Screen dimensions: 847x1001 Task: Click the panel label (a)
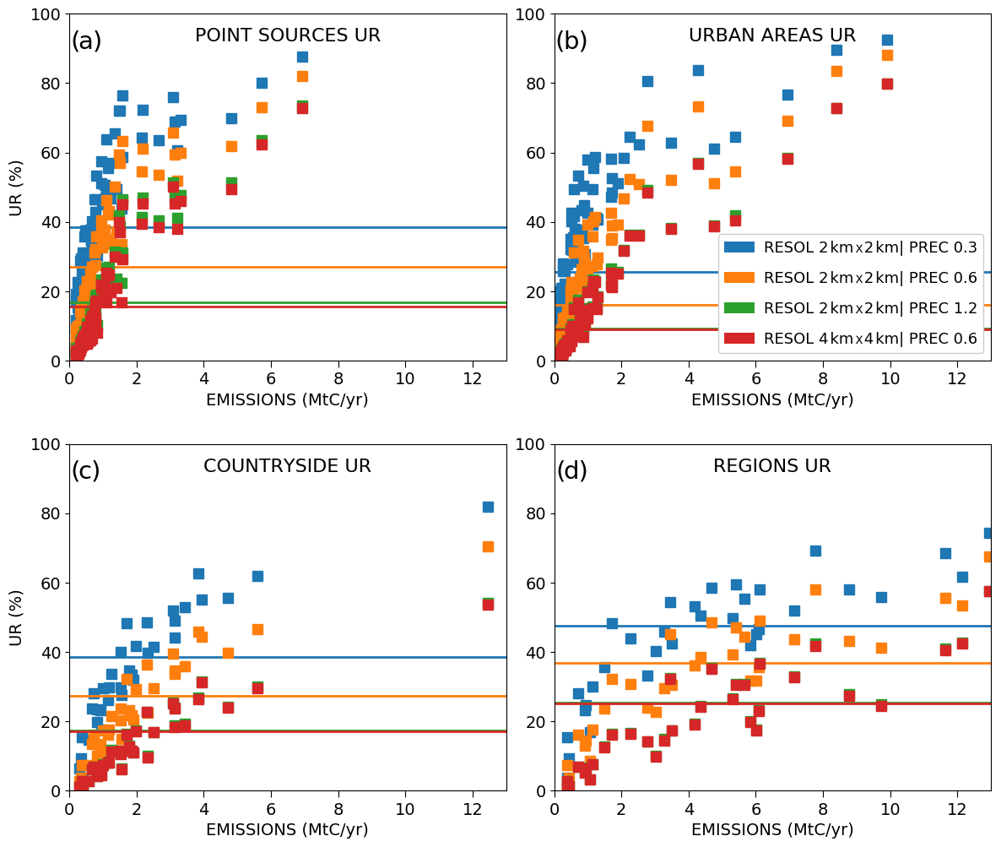pos(86,41)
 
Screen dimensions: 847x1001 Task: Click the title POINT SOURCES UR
pos(288,35)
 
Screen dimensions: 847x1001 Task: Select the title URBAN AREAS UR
pos(772,35)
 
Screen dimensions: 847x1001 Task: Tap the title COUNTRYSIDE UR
pos(287,466)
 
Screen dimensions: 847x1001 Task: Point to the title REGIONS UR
pos(771,466)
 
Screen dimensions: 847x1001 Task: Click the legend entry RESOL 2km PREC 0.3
pos(869,247)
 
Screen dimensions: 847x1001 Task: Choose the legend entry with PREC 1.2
pos(869,308)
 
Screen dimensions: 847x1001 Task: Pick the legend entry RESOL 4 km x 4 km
pos(869,339)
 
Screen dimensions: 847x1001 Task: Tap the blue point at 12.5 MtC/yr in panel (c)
pos(488,507)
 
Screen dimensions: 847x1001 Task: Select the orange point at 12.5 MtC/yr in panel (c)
pos(488,546)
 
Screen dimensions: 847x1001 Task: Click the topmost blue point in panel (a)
pos(302,57)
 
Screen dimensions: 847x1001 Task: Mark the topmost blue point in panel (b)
pos(887,40)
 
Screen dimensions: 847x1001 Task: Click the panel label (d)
pos(571,471)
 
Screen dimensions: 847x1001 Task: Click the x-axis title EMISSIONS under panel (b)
pos(772,399)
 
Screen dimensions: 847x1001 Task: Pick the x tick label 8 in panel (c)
pos(338,807)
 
